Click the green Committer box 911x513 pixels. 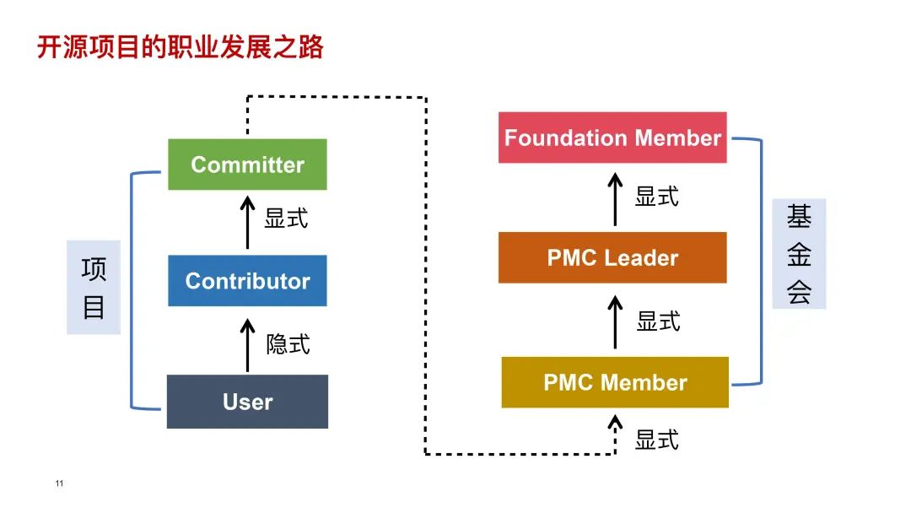pos(247,165)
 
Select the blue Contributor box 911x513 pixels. pos(247,281)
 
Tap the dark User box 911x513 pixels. pos(247,402)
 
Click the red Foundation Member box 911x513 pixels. pos(612,138)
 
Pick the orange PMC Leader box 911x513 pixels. pos(612,257)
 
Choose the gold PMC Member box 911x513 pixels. pos(615,382)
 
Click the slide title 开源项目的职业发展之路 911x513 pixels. pos(180,47)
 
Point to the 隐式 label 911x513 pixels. pos(288,343)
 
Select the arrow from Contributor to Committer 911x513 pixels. pos(247,222)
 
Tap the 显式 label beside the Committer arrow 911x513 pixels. pos(286,219)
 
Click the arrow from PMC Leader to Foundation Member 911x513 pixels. pos(615,198)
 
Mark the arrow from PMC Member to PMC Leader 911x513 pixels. pos(615,321)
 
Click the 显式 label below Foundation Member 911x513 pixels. pos(656,197)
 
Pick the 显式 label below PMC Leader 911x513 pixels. pos(658,321)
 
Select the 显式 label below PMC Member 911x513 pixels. pos(656,440)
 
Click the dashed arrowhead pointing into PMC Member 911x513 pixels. pos(615,421)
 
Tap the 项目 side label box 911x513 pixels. pos(94,288)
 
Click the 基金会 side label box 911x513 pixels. pos(799,254)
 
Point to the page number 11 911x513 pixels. pos(59,483)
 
